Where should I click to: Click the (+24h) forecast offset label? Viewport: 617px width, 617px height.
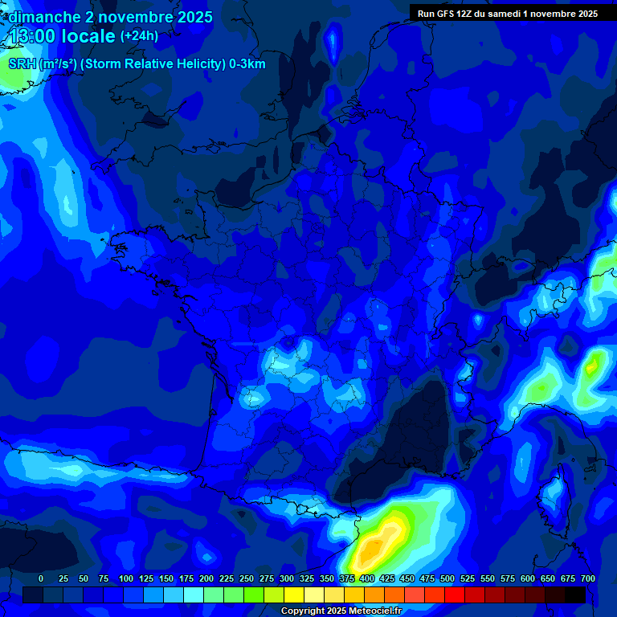point(139,36)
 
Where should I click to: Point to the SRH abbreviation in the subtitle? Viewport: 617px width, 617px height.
point(22,64)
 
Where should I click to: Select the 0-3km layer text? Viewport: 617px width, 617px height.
point(247,64)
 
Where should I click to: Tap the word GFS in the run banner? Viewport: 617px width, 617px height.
point(446,14)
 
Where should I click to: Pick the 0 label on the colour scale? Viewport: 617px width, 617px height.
point(41,578)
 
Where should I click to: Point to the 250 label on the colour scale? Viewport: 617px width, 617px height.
point(247,578)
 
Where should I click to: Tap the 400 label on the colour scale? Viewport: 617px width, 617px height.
point(367,578)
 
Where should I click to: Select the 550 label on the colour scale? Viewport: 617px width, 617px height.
point(488,578)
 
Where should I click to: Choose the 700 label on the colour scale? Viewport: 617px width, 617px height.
point(587,578)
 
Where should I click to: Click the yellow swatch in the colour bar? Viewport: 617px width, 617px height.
point(294,595)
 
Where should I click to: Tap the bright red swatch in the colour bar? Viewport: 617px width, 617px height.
point(455,595)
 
